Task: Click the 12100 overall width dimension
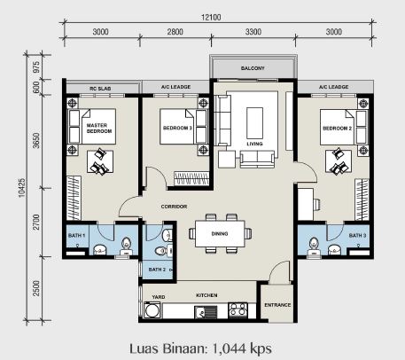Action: pos(211,18)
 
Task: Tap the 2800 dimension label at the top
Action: pos(175,32)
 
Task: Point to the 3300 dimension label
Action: pos(253,32)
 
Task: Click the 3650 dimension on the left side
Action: pos(36,141)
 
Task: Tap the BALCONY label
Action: pos(253,68)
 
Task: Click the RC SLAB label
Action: pos(100,89)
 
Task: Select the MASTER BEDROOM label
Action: pos(99,129)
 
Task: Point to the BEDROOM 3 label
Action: pos(177,129)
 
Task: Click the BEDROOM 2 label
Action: pos(337,129)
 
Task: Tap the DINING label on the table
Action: pos(220,234)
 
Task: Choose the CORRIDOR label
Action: pos(174,207)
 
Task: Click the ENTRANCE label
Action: pos(277,305)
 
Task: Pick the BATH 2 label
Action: pos(157,270)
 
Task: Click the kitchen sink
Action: pos(206,312)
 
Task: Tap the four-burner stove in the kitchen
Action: pos(238,310)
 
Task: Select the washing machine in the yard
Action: pos(152,310)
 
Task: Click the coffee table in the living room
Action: pos(254,123)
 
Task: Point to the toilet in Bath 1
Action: pos(126,246)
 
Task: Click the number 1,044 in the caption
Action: pos(229,348)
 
